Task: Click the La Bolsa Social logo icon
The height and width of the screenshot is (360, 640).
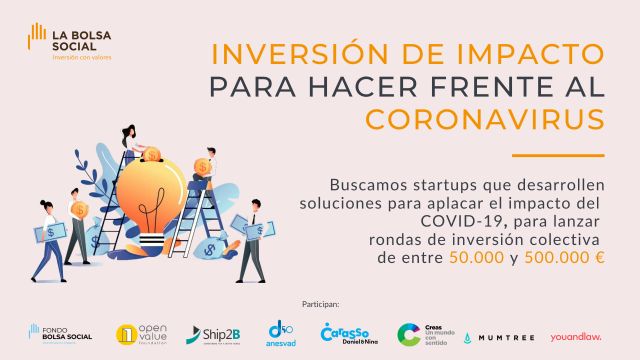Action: click(x=38, y=40)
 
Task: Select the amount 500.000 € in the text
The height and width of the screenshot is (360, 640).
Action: click(x=570, y=257)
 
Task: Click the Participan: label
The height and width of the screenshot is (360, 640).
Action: click(x=320, y=301)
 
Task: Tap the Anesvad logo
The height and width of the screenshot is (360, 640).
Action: click(x=281, y=333)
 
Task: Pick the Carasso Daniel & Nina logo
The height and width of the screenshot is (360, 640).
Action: click(x=346, y=333)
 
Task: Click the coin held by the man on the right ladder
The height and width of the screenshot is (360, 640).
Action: click(x=202, y=166)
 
